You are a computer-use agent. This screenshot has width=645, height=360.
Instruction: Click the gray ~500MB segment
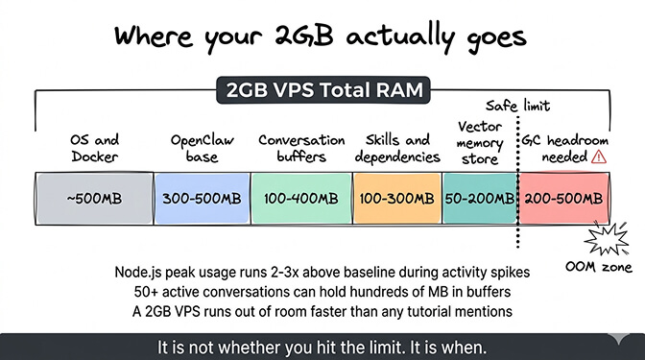click(x=93, y=199)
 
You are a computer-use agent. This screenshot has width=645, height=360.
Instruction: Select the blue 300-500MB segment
click(x=201, y=199)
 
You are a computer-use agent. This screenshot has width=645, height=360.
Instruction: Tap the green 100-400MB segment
click(x=300, y=199)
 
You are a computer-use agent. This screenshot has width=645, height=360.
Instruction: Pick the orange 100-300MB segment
click(x=396, y=199)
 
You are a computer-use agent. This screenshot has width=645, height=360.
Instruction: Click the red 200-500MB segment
click(x=563, y=199)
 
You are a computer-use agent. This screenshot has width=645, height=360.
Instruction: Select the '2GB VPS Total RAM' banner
click(x=322, y=92)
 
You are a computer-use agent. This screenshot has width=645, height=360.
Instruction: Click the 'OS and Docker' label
click(x=92, y=147)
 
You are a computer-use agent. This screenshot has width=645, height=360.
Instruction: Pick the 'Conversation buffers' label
click(x=300, y=147)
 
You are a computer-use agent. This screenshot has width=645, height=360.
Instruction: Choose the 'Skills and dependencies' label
click(x=395, y=147)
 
